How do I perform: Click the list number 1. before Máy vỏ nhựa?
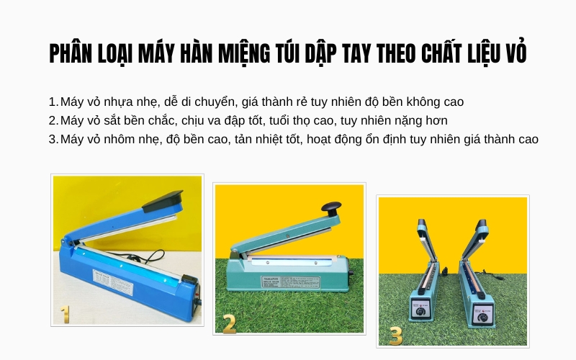point(53,102)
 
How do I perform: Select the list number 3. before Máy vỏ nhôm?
point(53,139)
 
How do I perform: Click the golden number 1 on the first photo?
point(65,314)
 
